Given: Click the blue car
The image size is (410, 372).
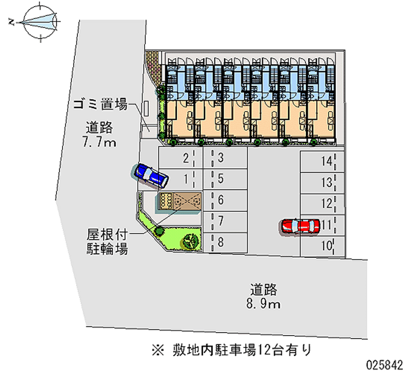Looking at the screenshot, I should point(151,174).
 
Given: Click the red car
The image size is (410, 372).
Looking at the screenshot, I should point(298,226).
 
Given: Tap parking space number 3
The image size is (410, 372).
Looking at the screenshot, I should point(225,158).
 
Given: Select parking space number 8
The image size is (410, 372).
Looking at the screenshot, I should point(225,242).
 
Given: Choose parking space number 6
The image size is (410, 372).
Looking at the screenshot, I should point(225,200).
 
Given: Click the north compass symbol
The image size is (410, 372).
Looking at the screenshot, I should point(39,20).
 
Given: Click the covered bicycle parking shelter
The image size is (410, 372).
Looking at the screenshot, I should point(180,202).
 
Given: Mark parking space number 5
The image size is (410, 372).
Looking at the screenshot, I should point(225,179).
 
